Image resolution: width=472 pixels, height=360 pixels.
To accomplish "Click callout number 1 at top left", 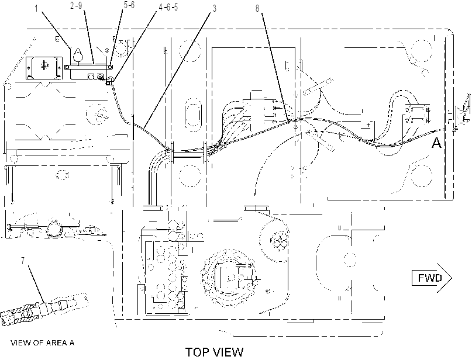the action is pos(36,9).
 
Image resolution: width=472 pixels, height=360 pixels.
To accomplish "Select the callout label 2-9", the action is pos(76,6).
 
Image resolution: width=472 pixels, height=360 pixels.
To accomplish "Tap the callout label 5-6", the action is pos(129,5).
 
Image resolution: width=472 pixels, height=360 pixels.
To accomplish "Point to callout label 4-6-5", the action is pos(168,7).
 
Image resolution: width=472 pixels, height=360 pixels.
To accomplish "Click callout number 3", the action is pos(214,8).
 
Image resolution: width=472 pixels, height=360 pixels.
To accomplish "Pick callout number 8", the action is pos(257,8).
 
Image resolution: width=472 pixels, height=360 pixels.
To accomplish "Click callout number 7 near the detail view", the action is pos(23,261).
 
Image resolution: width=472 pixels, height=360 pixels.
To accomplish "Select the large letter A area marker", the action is pos(436,143).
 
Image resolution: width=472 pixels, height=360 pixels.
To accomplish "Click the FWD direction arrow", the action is pos(432,278).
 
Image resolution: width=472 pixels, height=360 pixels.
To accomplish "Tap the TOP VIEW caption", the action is pos(214,352).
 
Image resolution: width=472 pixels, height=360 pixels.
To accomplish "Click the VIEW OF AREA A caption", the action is pos(43,342).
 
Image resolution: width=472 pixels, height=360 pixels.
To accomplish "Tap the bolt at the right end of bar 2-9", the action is pos(111,67).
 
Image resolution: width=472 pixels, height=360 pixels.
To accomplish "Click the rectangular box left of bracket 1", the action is pos(44,68).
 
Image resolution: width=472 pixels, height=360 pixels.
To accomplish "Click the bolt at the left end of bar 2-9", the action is pos(67,67).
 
